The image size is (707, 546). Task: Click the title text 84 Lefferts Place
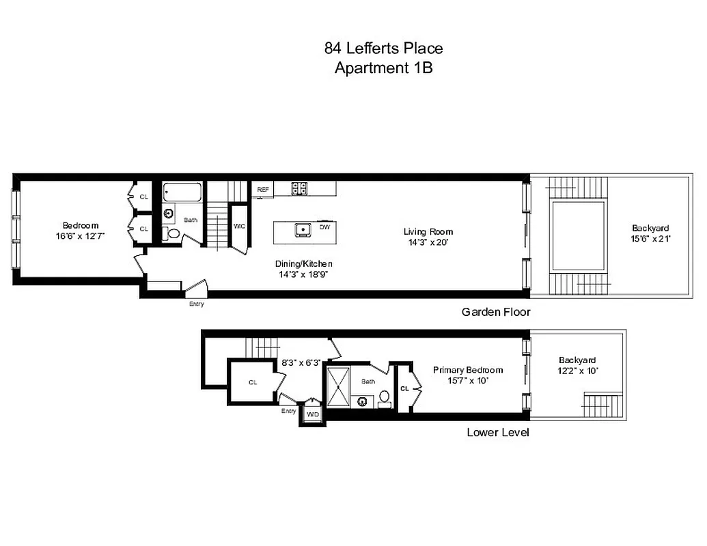(383, 48)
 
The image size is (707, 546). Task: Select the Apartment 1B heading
(383, 68)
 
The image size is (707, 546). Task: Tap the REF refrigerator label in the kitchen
(262, 189)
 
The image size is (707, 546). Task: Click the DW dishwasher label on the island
(324, 227)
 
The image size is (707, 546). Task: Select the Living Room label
(428, 232)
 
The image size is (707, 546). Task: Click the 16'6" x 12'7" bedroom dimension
(81, 235)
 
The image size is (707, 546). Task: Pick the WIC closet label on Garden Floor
(239, 227)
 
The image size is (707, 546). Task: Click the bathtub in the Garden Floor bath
(182, 192)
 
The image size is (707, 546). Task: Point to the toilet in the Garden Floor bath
(174, 234)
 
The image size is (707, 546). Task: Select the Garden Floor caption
(496, 312)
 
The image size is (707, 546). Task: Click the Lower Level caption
(497, 432)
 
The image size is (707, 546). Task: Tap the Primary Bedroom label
(468, 370)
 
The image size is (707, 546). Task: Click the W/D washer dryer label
(312, 414)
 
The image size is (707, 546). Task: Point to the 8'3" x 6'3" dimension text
(301, 363)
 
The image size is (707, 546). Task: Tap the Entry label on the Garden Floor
(196, 304)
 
